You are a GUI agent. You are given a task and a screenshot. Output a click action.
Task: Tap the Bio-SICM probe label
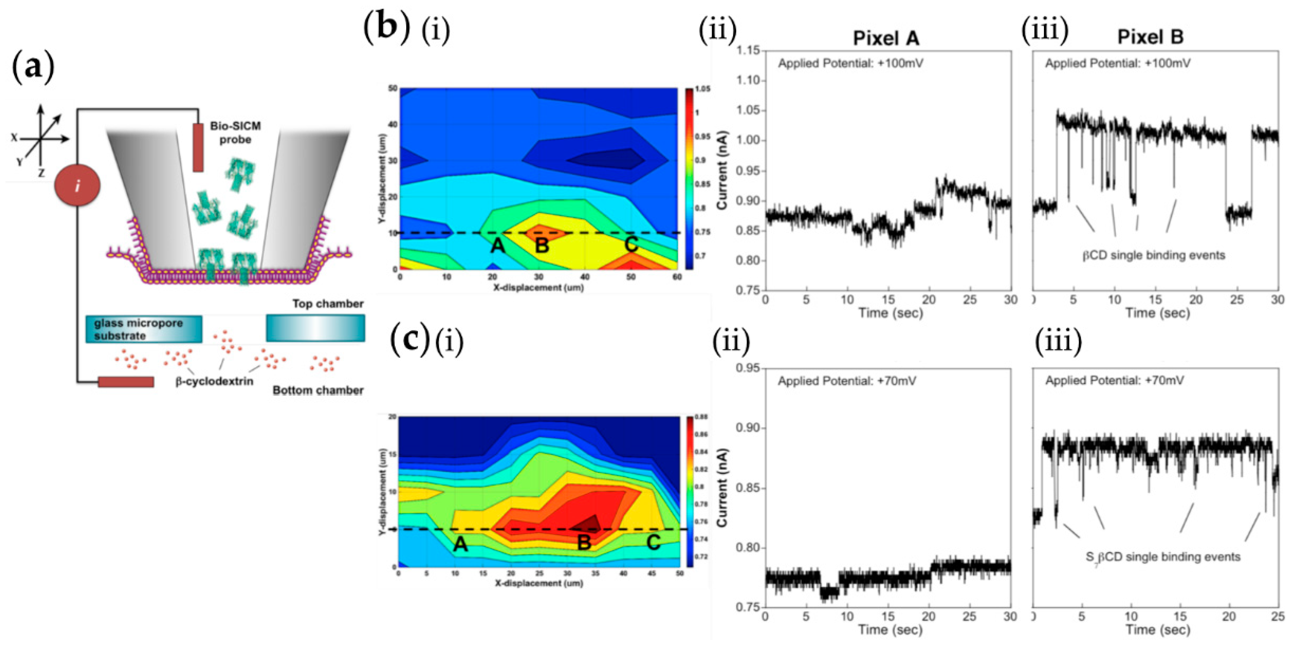click(x=235, y=133)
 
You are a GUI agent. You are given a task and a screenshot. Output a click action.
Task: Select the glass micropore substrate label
click(x=139, y=329)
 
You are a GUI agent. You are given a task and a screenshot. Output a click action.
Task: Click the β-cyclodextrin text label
click(x=214, y=381)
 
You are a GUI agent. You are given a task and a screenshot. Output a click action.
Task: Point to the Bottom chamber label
click(x=317, y=390)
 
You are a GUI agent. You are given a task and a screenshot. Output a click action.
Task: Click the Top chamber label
click(x=328, y=303)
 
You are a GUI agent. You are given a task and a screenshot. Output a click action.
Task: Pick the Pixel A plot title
click(x=886, y=38)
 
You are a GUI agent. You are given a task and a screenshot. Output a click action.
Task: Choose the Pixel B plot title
click(x=1150, y=37)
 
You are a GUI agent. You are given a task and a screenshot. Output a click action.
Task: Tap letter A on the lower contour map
click(x=460, y=544)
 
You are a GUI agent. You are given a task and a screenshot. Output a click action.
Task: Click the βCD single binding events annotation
click(x=1153, y=255)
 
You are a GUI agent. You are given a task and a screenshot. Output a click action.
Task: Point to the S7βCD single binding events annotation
click(x=1162, y=557)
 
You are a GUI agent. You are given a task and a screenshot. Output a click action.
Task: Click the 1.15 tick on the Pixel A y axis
click(x=747, y=50)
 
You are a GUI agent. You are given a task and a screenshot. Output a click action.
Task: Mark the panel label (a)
click(x=33, y=67)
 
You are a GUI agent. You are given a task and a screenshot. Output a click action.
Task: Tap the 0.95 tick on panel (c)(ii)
click(x=747, y=368)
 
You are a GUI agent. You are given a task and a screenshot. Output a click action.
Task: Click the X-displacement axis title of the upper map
click(x=538, y=287)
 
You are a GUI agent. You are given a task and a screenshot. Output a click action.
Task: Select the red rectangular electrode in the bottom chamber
click(x=126, y=382)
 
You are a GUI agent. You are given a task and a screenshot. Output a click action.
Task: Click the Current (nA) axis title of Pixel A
click(x=722, y=171)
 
